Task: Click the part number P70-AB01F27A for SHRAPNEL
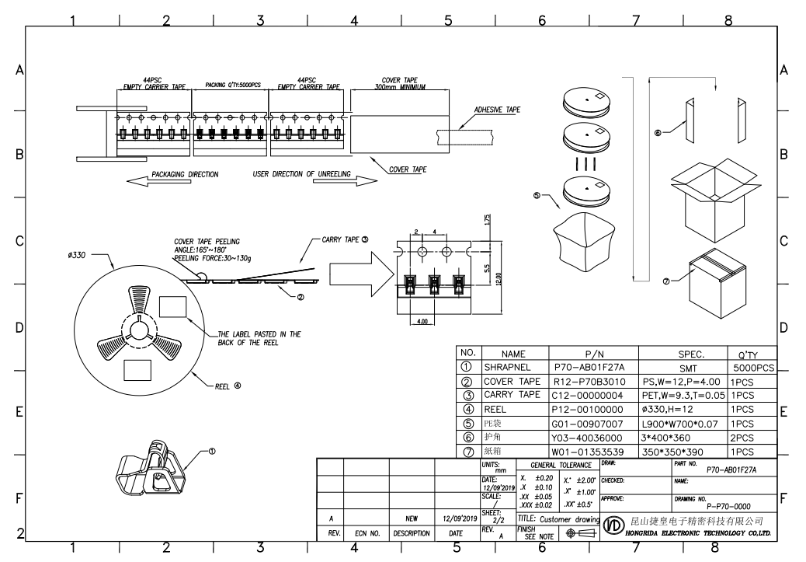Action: (x=590, y=367)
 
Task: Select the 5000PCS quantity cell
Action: (x=753, y=367)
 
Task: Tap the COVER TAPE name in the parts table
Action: (x=512, y=381)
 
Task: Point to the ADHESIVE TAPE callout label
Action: (x=498, y=110)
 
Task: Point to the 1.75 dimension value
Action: (x=485, y=221)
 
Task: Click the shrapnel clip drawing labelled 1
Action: (x=151, y=473)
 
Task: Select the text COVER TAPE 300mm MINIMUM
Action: (x=401, y=83)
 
